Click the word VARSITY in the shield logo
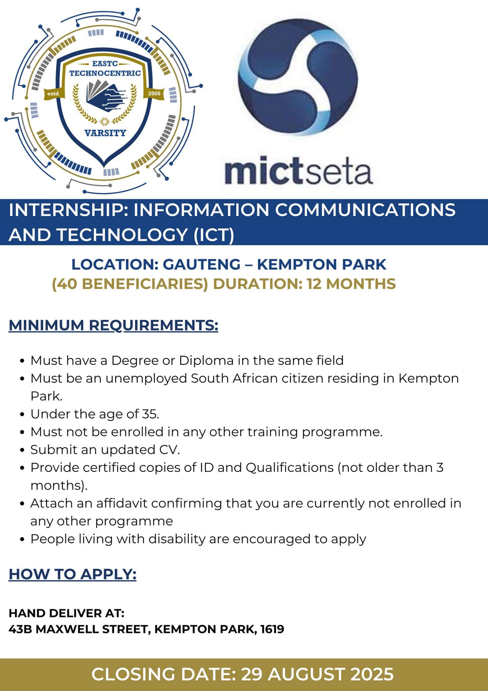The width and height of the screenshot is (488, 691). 105,133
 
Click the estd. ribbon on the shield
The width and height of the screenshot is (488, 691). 54,93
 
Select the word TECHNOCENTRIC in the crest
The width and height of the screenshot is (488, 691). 105,73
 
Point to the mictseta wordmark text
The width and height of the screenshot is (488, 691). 298,172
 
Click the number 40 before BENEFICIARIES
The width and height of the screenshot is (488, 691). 67,284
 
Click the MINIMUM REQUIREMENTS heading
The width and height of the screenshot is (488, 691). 114,325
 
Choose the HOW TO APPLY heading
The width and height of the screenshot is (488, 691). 72,574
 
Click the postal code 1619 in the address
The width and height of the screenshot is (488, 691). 272,629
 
